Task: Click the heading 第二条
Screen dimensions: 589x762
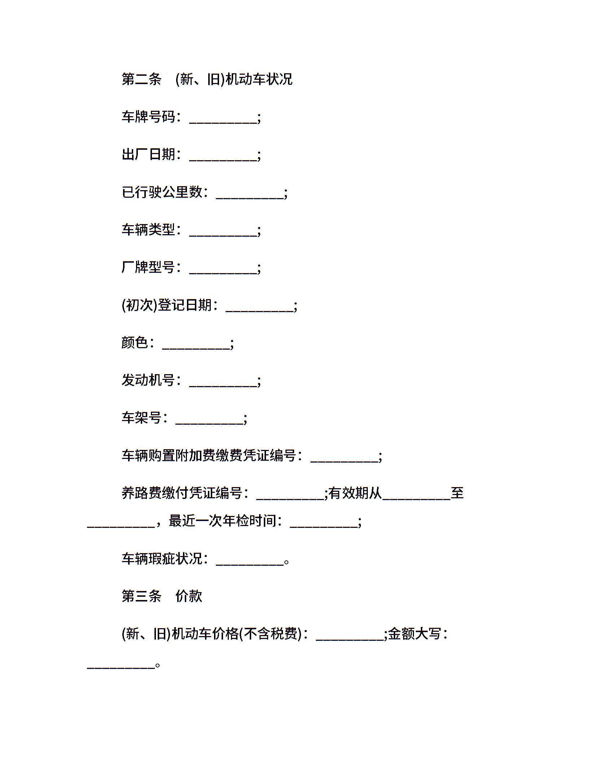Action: coord(141,79)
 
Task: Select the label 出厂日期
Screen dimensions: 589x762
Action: coord(148,154)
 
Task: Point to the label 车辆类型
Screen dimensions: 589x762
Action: coord(148,229)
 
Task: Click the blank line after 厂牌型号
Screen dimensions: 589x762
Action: coord(223,273)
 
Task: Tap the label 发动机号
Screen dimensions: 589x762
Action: coord(148,380)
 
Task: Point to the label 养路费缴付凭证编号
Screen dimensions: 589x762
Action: coord(182,493)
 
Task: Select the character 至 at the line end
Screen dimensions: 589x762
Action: coord(457,493)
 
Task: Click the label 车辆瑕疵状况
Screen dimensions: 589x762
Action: coord(162,559)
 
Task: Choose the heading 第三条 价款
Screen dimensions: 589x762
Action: coord(162,596)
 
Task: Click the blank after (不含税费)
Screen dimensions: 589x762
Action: coord(350,640)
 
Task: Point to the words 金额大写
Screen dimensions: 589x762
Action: coord(415,634)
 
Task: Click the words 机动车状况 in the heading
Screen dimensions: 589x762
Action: coord(259,79)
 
